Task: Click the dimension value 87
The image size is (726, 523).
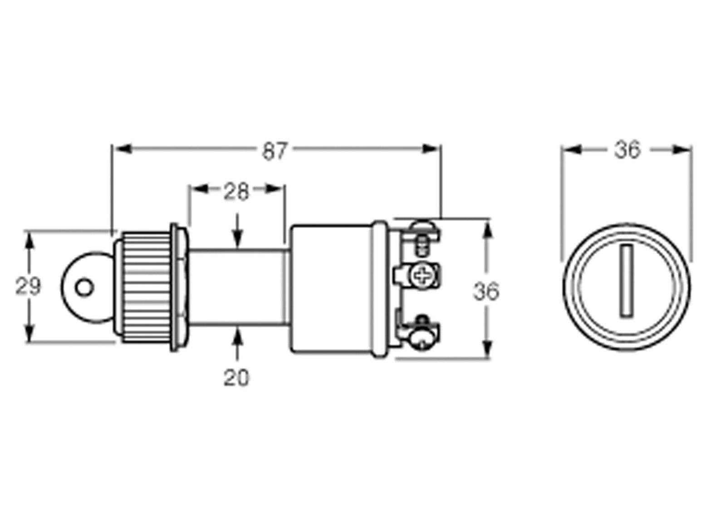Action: point(275,151)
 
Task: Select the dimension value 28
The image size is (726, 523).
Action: point(236,191)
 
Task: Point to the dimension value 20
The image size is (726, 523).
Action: point(236,377)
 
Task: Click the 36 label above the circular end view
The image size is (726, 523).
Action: point(628,150)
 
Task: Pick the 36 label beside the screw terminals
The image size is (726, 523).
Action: point(486,291)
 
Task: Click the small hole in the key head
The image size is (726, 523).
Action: point(84,288)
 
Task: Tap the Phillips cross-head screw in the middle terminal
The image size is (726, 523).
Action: point(422,276)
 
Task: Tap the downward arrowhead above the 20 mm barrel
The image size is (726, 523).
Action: point(238,241)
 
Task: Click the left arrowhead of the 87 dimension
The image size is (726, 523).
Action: point(123,149)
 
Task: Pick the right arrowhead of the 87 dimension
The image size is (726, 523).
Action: point(431,149)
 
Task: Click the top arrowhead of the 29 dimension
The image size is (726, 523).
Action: point(29,240)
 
